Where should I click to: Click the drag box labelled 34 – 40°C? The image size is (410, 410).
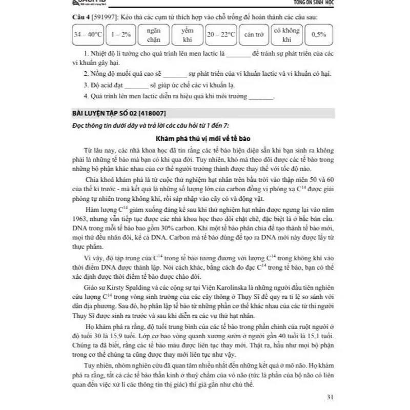[88, 35]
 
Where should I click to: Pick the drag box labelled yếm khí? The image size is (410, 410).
[187, 35]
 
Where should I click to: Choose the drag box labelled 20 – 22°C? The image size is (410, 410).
[221, 35]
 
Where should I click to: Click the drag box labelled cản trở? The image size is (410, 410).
[253, 35]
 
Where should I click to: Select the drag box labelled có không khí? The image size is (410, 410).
[286, 35]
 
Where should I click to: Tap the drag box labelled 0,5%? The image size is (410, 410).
[319, 35]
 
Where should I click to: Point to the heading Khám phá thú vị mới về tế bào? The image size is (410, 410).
[204, 139]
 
